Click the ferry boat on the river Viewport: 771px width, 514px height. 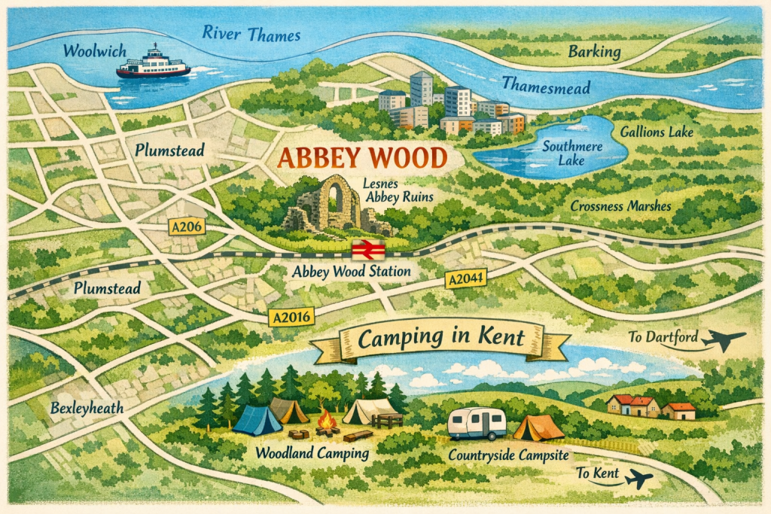pyautogui.click(x=153, y=64)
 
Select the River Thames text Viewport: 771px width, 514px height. pyautogui.click(x=251, y=34)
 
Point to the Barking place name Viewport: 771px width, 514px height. pyautogui.click(x=594, y=52)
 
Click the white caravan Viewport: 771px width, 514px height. pyautogui.click(x=477, y=424)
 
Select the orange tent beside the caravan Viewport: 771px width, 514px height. pyautogui.click(x=538, y=427)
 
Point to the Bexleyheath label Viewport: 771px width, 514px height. pyautogui.click(x=84, y=409)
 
